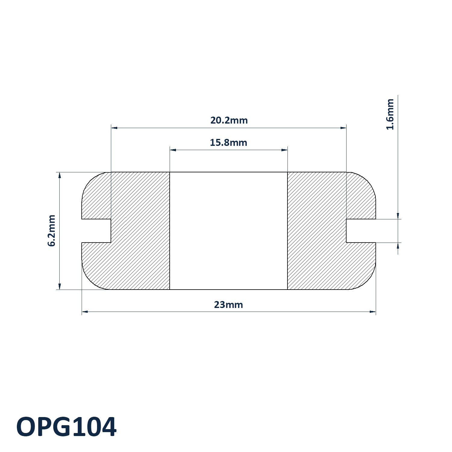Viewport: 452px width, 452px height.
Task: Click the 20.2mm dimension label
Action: pos(229,121)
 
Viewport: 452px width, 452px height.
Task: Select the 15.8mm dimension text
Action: pos(228,143)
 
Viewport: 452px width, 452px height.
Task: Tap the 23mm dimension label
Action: pos(228,305)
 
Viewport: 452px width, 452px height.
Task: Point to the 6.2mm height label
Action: pos(52,231)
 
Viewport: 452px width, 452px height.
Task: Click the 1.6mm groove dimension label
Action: pos(390,114)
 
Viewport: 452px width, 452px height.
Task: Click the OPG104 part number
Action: pos(66,427)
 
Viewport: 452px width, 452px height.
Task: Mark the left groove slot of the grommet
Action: pos(96,231)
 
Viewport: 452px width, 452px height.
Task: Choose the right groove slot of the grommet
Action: pos(361,231)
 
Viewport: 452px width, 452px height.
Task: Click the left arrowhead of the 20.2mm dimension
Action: pos(114,128)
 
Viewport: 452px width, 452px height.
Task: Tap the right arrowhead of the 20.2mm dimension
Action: pos(343,128)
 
